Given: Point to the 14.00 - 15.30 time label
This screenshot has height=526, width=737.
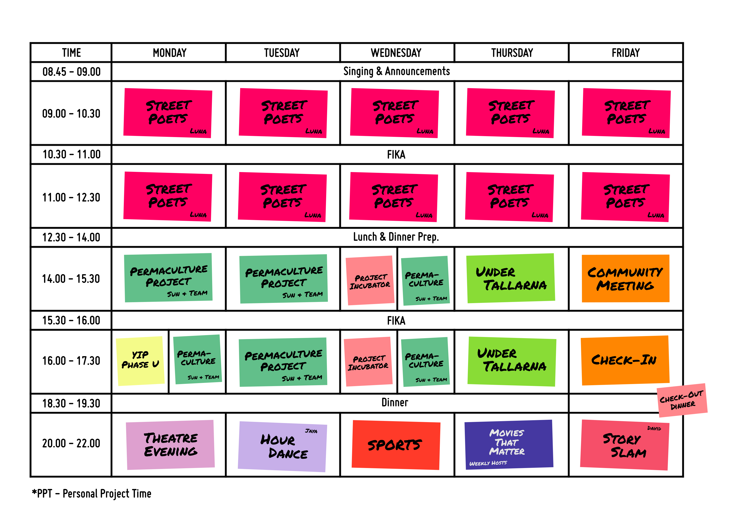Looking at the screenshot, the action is [71, 279].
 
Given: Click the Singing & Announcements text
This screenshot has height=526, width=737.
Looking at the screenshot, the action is [396, 71].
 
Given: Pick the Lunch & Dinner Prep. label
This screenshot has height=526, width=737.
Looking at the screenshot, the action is [396, 237].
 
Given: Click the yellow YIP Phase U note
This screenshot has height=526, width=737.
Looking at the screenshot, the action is [140, 361].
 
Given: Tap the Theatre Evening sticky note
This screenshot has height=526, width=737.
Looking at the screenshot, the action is [170, 445].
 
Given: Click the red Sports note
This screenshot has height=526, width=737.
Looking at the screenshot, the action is [396, 445].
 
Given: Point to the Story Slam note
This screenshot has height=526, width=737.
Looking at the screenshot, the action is [625, 445].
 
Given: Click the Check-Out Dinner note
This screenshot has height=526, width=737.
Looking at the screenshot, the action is [682, 400].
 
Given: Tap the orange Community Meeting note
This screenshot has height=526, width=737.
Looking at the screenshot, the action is [625, 279].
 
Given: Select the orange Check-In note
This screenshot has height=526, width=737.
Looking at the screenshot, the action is [625, 360].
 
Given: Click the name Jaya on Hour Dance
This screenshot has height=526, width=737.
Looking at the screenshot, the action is [311, 431].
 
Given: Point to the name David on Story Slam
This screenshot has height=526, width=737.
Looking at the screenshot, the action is [654, 428].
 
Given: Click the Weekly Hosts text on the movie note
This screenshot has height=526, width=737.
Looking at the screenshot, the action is [488, 463].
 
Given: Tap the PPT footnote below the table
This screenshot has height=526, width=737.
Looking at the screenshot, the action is [92, 494].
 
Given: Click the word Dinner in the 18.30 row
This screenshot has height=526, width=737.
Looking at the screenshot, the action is [395, 403].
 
